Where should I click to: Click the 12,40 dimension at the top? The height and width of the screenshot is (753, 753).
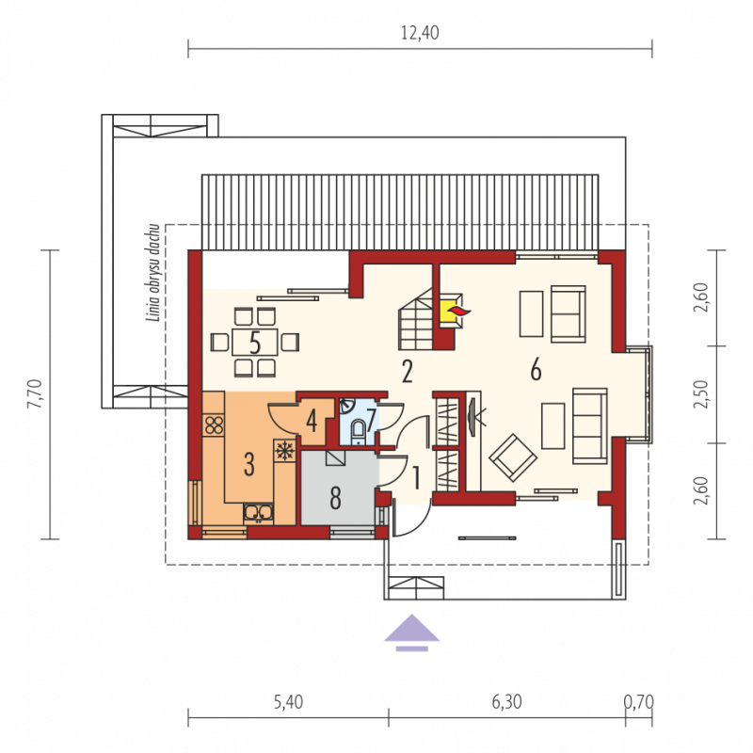[x=420, y=33]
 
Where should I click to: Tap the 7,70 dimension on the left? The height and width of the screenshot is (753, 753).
[x=35, y=394]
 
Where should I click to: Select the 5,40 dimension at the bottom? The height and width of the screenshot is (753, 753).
[x=288, y=702]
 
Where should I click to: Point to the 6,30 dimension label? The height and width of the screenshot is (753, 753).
[x=506, y=702]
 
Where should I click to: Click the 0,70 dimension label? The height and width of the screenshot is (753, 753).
[x=639, y=702]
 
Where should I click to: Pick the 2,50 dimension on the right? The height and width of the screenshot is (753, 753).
[x=701, y=394]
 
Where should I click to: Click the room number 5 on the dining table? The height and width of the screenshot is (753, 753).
[x=255, y=344]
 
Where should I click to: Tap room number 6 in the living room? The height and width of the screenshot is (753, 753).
[x=536, y=370]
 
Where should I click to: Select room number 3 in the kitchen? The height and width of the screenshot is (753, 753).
[x=248, y=464]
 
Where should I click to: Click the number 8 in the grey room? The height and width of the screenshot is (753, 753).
[x=336, y=498]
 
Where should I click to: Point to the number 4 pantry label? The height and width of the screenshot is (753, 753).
[x=312, y=422]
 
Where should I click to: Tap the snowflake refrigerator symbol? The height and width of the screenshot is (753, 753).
[x=284, y=451]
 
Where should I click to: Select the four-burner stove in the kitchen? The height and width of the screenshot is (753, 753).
[x=214, y=425]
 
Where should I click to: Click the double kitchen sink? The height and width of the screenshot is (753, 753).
[x=258, y=513]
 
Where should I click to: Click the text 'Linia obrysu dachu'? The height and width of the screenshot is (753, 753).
[x=153, y=272]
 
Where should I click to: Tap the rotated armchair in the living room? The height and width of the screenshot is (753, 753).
[x=513, y=457]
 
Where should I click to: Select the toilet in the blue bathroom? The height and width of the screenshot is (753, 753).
[x=358, y=430]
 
